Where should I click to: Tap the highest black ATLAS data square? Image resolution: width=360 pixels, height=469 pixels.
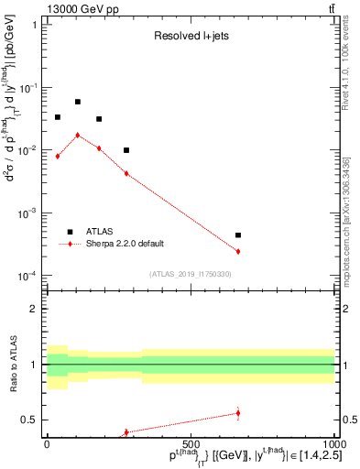[x=78, y=102]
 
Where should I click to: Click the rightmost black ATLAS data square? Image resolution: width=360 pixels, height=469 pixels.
[x=238, y=235]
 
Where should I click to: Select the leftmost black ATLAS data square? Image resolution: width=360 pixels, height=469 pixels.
[x=58, y=117]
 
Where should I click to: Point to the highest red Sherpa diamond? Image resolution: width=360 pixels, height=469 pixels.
[x=78, y=135]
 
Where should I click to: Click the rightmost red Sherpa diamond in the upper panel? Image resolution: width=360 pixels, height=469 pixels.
[x=238, y=251]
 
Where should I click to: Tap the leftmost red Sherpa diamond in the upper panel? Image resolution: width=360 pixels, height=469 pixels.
[x=58, y=156]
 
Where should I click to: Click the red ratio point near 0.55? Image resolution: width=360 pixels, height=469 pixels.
[x=238, y=413]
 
